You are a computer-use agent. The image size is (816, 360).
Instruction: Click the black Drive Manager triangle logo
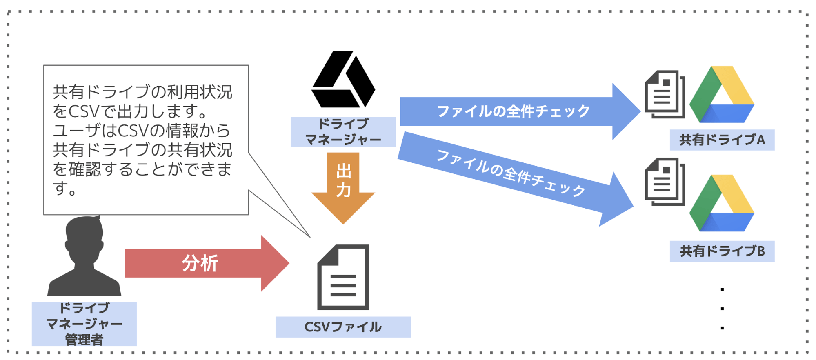(x=343, y=80)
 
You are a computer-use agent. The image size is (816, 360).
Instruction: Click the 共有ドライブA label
(x=722, y=140)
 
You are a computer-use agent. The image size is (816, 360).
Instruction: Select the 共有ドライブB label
(x=722, y=251)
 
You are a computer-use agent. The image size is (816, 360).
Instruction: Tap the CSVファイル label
(x=343, y=327)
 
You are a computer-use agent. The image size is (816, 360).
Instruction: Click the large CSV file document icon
(x=343, y=278)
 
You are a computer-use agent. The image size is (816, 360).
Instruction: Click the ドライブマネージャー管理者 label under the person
(x=84, y=324)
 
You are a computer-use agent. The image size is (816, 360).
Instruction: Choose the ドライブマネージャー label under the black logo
(x=343, y=132)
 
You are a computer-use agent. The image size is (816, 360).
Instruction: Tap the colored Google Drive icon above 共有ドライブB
(x=722, y=204)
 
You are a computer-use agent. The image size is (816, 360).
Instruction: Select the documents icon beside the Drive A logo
(x=665, y=95)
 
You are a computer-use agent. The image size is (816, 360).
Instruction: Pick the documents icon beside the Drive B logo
(x=665, y=182)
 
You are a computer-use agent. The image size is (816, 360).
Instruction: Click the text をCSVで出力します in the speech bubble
(x=131, y=111)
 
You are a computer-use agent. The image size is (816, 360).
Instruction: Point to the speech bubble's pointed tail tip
(x=309, y=236)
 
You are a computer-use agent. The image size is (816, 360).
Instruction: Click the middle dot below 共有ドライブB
(x=722, y=309)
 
